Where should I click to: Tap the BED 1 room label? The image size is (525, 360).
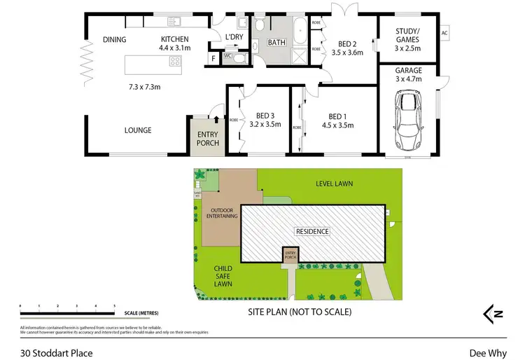click(337, 116)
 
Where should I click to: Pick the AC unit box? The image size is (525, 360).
click(444, 33)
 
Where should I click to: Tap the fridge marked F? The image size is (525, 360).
click(213, 59)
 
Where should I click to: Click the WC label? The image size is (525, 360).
click(227, 56)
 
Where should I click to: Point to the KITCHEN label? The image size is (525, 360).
click(175, 39)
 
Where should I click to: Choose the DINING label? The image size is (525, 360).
click(114, 39)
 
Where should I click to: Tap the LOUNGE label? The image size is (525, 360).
click(138, 130)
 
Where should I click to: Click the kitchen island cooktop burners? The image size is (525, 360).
click(174, 61)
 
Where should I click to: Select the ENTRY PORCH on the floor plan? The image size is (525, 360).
click(207, 138)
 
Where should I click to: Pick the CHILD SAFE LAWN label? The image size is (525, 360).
click(223, 276)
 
